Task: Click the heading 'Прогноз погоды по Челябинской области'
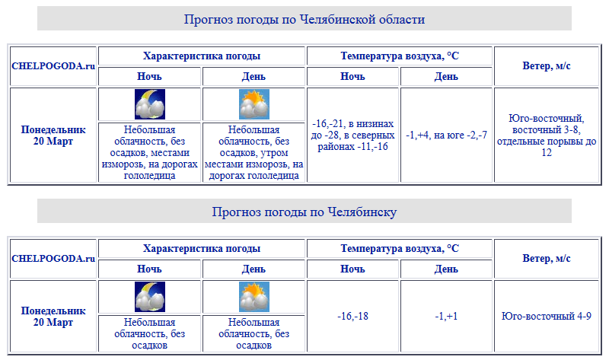[304, 19]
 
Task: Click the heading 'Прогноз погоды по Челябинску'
[304, 212]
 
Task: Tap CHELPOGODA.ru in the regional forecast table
[53, 66]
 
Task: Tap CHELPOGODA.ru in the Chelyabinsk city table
[53, 259]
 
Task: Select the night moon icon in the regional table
[150, 104]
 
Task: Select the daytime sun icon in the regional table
[254, 104]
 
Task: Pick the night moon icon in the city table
[150, 297]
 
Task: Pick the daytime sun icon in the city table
[254, 297]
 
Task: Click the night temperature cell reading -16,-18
[352, 316]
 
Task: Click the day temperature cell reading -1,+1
[446, 316]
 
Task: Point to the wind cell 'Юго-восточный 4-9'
[547, 316]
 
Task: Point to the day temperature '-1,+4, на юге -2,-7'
[446, 135]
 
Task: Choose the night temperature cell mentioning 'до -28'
[352, 135]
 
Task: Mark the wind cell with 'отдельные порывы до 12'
[547, 135]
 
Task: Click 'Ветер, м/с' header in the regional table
[547, 66]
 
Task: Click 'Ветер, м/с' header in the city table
[547, 259]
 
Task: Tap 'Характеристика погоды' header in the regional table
[202, 56]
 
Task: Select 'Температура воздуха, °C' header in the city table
[400, 249]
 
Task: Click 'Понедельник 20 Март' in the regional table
[53, 135]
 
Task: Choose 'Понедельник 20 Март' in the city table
[53, 316]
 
